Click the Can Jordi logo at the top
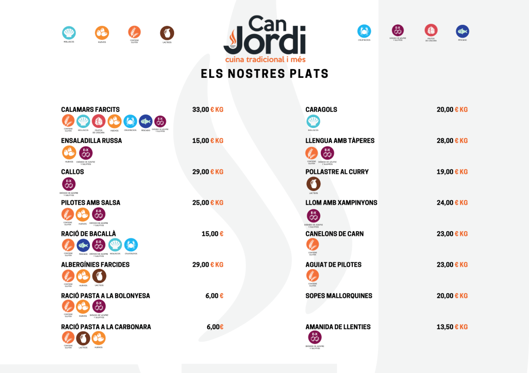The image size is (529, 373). coord(264,38)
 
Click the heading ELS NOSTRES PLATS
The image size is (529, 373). coord(264,74)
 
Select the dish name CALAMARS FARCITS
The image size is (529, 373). coord(90,109)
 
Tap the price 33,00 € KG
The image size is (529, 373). coord(208,109)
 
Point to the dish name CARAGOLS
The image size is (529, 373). coord(321,109)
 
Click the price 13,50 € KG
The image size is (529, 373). coord(452,327)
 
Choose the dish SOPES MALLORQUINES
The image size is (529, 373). coord(339,296)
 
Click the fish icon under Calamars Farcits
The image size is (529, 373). coord(146,121)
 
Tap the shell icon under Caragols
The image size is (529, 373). coord(313,121)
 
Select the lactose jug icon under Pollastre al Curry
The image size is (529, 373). coord(313,184)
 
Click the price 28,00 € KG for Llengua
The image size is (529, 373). coord(452,140)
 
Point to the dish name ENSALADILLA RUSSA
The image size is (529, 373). coord(91,140)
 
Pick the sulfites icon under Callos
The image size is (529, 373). coord(69,184)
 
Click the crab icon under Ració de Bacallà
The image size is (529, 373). coord(131,245)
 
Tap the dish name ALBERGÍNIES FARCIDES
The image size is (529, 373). coord(95,265)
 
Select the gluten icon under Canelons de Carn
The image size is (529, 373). coord(313,245)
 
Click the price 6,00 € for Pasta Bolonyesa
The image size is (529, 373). coord(214,296)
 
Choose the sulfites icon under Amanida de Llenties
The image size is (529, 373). coord(315,337)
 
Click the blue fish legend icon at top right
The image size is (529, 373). coord(462,31)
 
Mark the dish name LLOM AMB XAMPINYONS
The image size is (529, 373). coord(341,203)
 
